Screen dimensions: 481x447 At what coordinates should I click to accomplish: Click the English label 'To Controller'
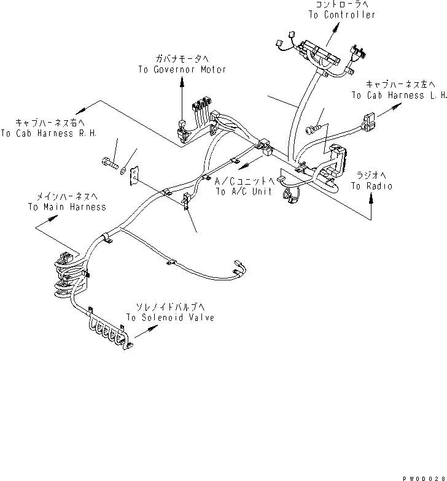[342, 15]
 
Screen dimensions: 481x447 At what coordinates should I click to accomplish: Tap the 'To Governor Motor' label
[182, 69]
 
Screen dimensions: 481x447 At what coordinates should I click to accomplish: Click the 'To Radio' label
[371, 186]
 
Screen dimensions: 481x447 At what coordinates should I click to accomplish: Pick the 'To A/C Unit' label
[244, 192]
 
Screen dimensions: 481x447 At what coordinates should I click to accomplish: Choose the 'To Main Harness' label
[66, 207]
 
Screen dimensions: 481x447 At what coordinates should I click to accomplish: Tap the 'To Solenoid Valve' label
[170, 318]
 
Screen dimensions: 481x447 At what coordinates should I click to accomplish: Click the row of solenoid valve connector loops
[111, 333]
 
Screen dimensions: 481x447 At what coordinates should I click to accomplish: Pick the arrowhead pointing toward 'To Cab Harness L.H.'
[392, 107]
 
